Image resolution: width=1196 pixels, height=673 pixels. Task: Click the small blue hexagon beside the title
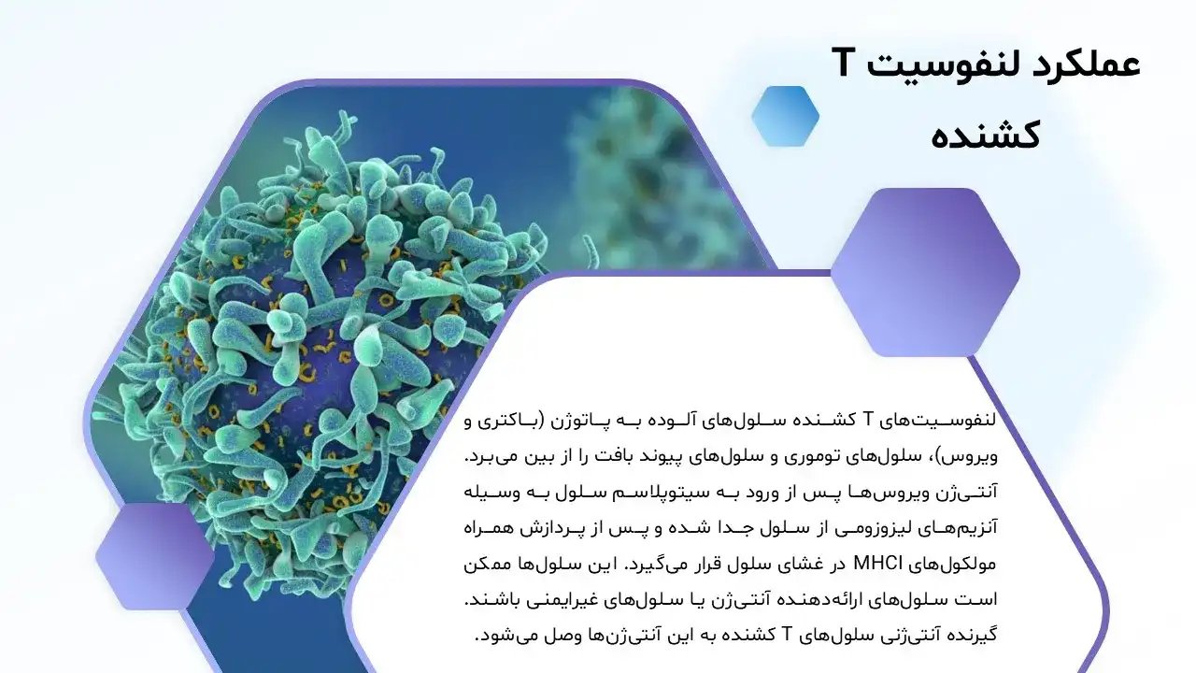(785, 116)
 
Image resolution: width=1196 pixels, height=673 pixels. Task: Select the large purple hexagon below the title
(925, 272)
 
